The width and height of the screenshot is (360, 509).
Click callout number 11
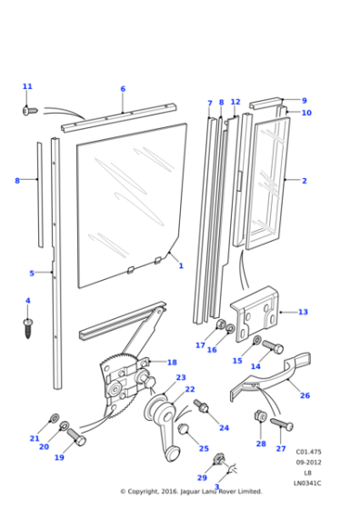(27, 86)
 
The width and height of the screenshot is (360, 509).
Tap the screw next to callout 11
(28, 109)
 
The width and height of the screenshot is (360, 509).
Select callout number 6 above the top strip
(123, 89)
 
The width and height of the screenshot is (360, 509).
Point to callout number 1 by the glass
(181, 265)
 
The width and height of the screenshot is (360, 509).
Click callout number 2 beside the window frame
(304, 181)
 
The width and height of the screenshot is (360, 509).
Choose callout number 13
(303, 312)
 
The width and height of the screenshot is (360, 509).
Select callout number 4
(27, 301)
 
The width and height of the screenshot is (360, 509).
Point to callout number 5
(32, 273)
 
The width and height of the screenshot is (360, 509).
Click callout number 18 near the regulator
(172, 362)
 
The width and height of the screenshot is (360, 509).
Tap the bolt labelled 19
(76, 440)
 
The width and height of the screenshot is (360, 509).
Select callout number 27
(280, 449)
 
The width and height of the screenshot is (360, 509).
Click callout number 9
(305, 101)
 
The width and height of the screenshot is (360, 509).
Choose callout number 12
(235, 103)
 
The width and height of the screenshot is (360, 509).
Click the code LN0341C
(307, 483)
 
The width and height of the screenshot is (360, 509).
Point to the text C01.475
(307, 452)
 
